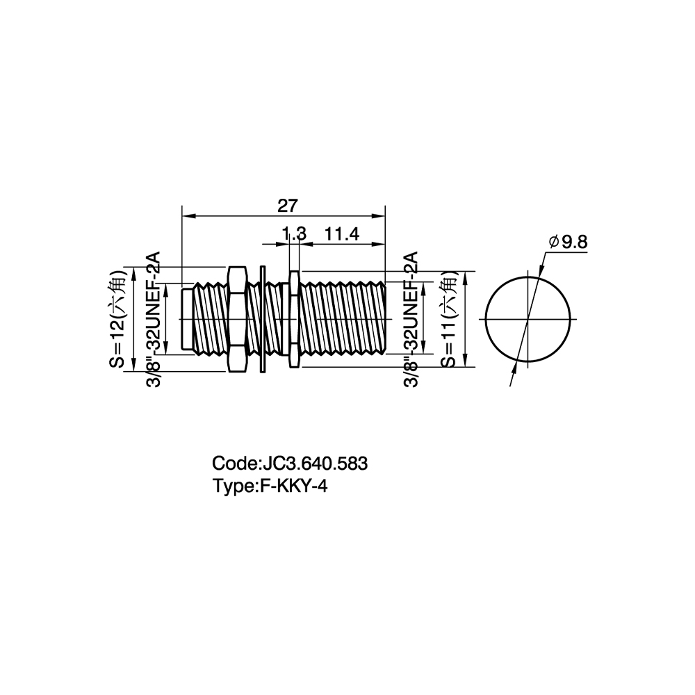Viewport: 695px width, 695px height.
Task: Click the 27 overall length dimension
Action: (288, 206)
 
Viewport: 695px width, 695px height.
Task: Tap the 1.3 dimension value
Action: (294, 234)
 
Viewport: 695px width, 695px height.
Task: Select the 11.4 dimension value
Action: (342, 234)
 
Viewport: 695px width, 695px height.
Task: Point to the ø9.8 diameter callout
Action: (568, 242)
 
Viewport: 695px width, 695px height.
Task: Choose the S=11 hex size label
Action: (449, 318)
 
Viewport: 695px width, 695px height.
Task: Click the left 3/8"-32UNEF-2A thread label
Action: (153, 320)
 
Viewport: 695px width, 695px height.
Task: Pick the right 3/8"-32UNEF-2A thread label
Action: (411, 320)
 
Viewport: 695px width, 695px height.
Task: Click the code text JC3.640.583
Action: (315, 464)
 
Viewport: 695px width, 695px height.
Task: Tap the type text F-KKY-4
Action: (293, 486)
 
